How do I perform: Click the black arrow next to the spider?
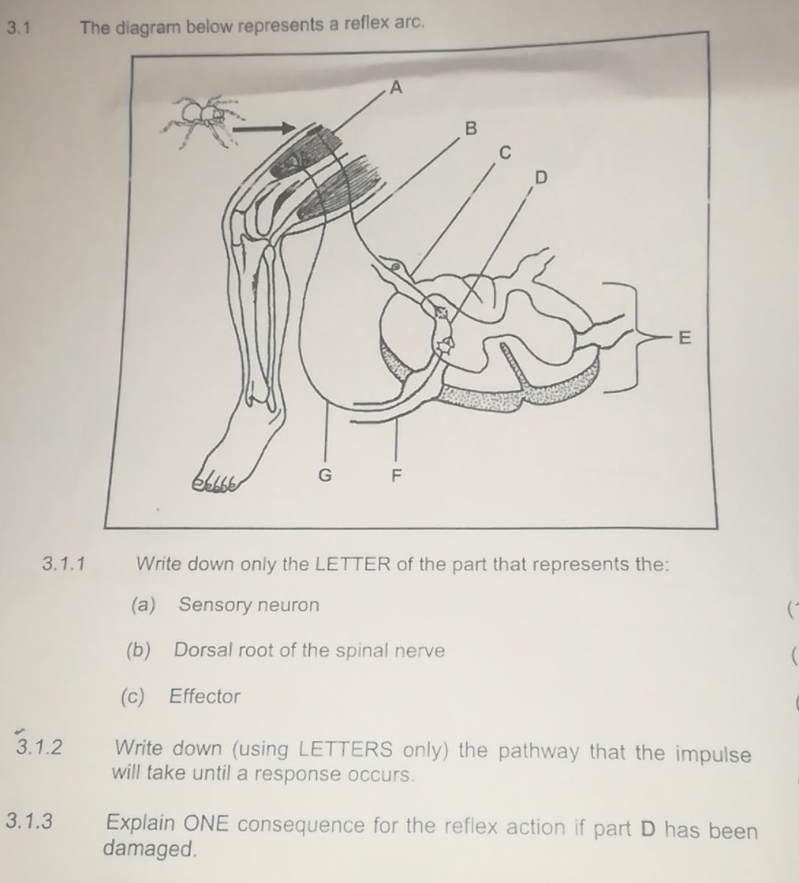point(266,126)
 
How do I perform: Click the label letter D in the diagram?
point(541,178)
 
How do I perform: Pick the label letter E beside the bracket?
point(685,339)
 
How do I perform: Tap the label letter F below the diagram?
point(398,476)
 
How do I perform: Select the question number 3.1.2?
point(43,747)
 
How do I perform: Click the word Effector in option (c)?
point(205,697)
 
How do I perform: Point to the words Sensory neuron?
point(249,605)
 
